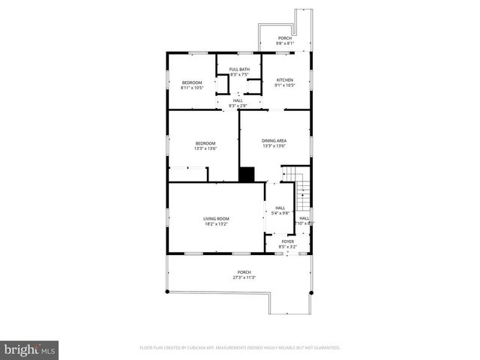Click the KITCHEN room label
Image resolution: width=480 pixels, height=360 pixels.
(x=284, y=80)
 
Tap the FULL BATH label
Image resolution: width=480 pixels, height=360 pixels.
(x=239, y=70)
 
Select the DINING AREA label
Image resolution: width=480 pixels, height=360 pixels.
(x=274, y=141)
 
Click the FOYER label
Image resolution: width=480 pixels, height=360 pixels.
(x=287, y=241)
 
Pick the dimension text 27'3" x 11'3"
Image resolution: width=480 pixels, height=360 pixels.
(x=244, y=277)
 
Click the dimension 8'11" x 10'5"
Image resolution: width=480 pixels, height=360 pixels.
(x=192, y=88)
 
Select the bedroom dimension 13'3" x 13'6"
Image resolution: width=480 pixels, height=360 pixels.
(x=205, y=148)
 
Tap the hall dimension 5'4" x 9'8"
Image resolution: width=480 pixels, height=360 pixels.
(x=280, y=213)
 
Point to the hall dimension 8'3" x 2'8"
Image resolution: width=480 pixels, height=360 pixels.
(x=238, y=106)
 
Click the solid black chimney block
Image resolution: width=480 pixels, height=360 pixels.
(x=247, y=174)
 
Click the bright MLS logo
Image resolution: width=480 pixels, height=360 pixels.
(x=30, y=349)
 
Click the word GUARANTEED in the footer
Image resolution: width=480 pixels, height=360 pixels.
(x=323, y=348)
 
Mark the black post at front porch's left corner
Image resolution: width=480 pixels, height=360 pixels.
(x=167, y=254)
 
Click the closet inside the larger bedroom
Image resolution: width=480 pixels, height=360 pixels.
(x=187, y=174)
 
